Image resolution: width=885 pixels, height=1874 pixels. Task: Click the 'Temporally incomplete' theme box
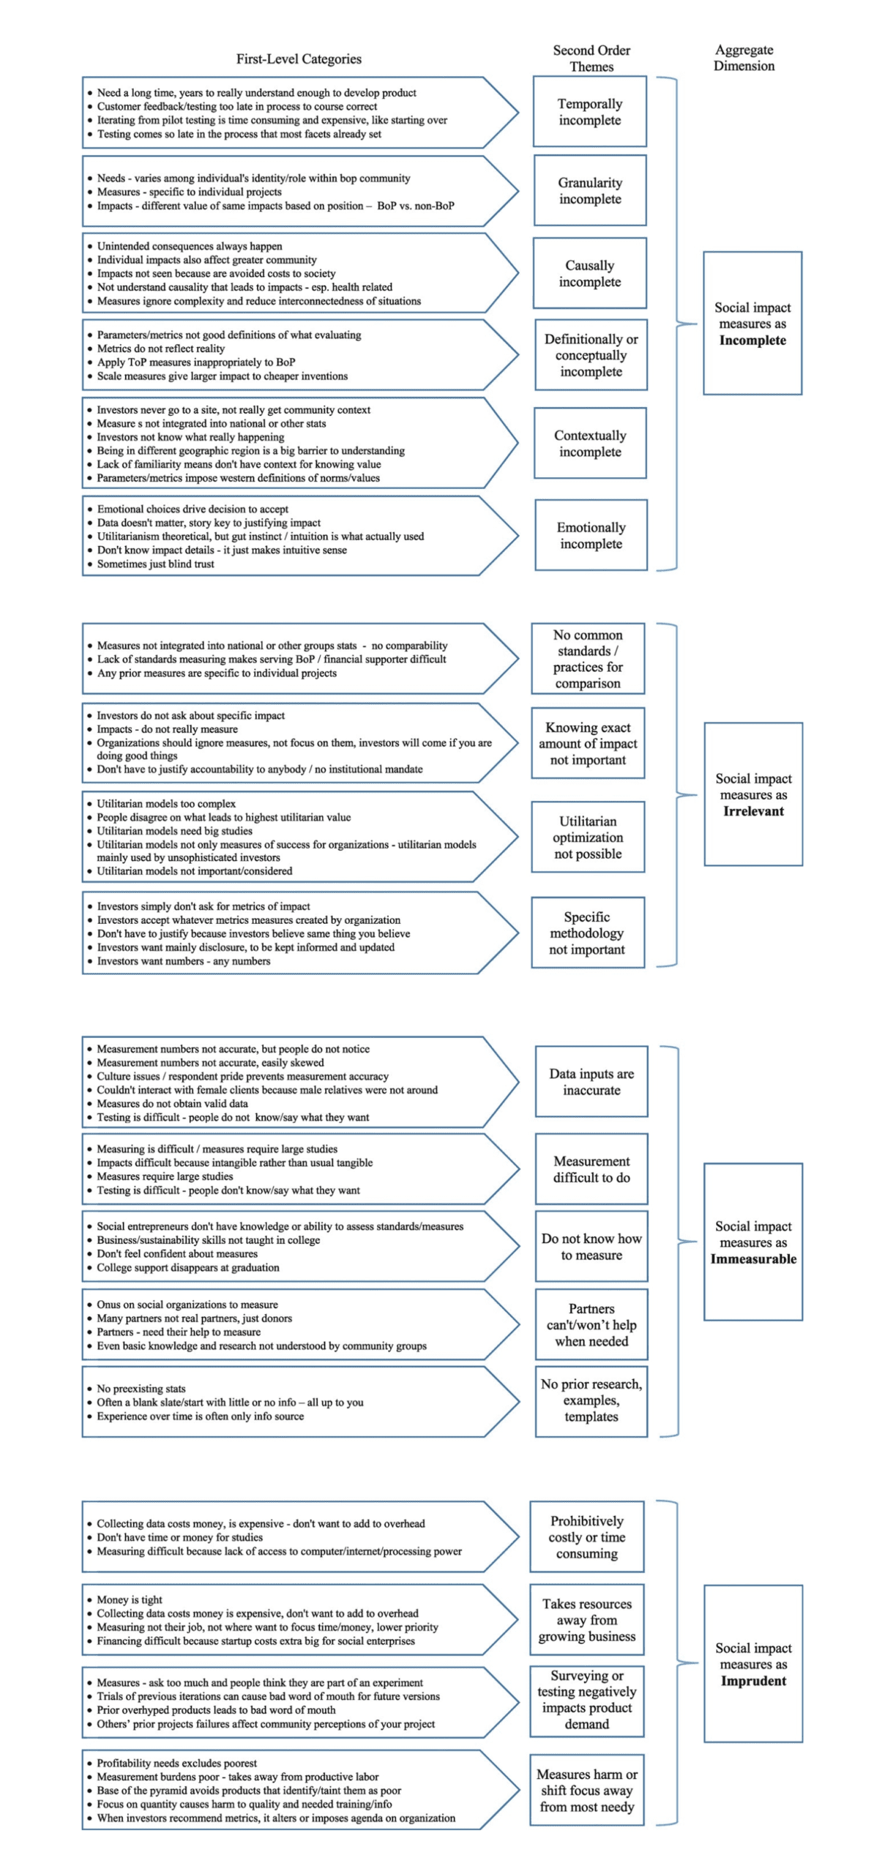pyautogui.click(x=589, y=111)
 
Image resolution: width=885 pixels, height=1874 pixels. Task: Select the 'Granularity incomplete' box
pyautogui.click(x=589, y=190)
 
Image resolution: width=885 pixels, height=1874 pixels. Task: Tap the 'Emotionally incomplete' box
pyautogui.click(x=591, y=535)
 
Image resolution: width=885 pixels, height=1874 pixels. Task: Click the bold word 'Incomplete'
pyautogui.click(x=752, y=340)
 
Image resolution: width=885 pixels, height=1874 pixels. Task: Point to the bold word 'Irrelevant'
pyautogui.click(x=753, y=811)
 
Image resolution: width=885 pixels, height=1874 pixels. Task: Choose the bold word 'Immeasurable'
pyautogui.click(x=753, y=1258)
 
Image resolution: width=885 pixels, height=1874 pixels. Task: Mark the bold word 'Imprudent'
pyautogui.click(x=753, y=1680)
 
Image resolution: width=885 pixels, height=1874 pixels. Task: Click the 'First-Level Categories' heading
pyautogui.click(x=299, y=59)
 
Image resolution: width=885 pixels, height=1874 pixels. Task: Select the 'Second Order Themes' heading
pyautogui.click(x=591, y=58)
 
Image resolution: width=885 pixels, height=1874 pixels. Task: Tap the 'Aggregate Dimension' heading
pyautogui.click(x=744, y=57)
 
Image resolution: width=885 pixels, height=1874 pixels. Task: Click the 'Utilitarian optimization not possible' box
pyautogui.click(x=588, y=837)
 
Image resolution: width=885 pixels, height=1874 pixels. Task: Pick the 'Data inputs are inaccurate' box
pyautogui.click(x=591, y=1081)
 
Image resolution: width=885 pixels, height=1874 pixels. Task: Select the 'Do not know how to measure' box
pyautogui.click(x=591, y=1246)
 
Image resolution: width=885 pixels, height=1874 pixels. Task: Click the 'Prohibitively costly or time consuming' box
pyautogui.click(x=586, y=1537)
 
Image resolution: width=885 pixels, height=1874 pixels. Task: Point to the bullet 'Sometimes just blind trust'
pyautogui.click(x=155, y=564)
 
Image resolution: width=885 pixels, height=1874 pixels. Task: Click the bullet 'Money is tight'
pyautogui.click(x=130, y=1599)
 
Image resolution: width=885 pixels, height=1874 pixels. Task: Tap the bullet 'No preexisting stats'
pyautogui.click(x=141, y=1388)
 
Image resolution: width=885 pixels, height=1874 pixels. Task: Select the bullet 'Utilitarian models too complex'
pyautogui.click(x=166, y=804)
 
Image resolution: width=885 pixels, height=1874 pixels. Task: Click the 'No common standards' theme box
pyautogui.click(x=587, y=658)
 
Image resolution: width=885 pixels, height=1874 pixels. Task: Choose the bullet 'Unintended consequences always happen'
pyautogui.click(x=189, y=246)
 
